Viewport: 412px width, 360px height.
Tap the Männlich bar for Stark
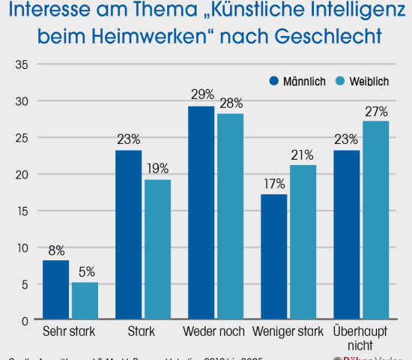pyautogui.click(x=129, y=235)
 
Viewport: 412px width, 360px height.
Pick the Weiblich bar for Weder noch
pyautogui.click(x=230, y=217)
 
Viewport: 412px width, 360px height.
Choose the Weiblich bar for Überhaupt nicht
pyautogui.click(x=375, y=220)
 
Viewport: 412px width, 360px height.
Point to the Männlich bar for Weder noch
pyautogui.click(x=201, y=214)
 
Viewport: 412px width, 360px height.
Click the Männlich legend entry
pyautogui.click(x=297, y=81)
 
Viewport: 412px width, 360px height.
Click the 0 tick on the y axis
pyautogui.click(x=25, y=320)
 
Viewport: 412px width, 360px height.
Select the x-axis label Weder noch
pyautogui.click(x=215, y=331)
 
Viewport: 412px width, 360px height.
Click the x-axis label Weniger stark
pyautogui.click(x=288, y=331)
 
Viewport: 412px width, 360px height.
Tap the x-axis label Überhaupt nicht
pyautogui.click(x=361, y=337)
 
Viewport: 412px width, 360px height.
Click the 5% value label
pyautogui.click(x=86, y=271)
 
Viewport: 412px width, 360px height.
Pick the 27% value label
pyautogui.click(x=376, y=112)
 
